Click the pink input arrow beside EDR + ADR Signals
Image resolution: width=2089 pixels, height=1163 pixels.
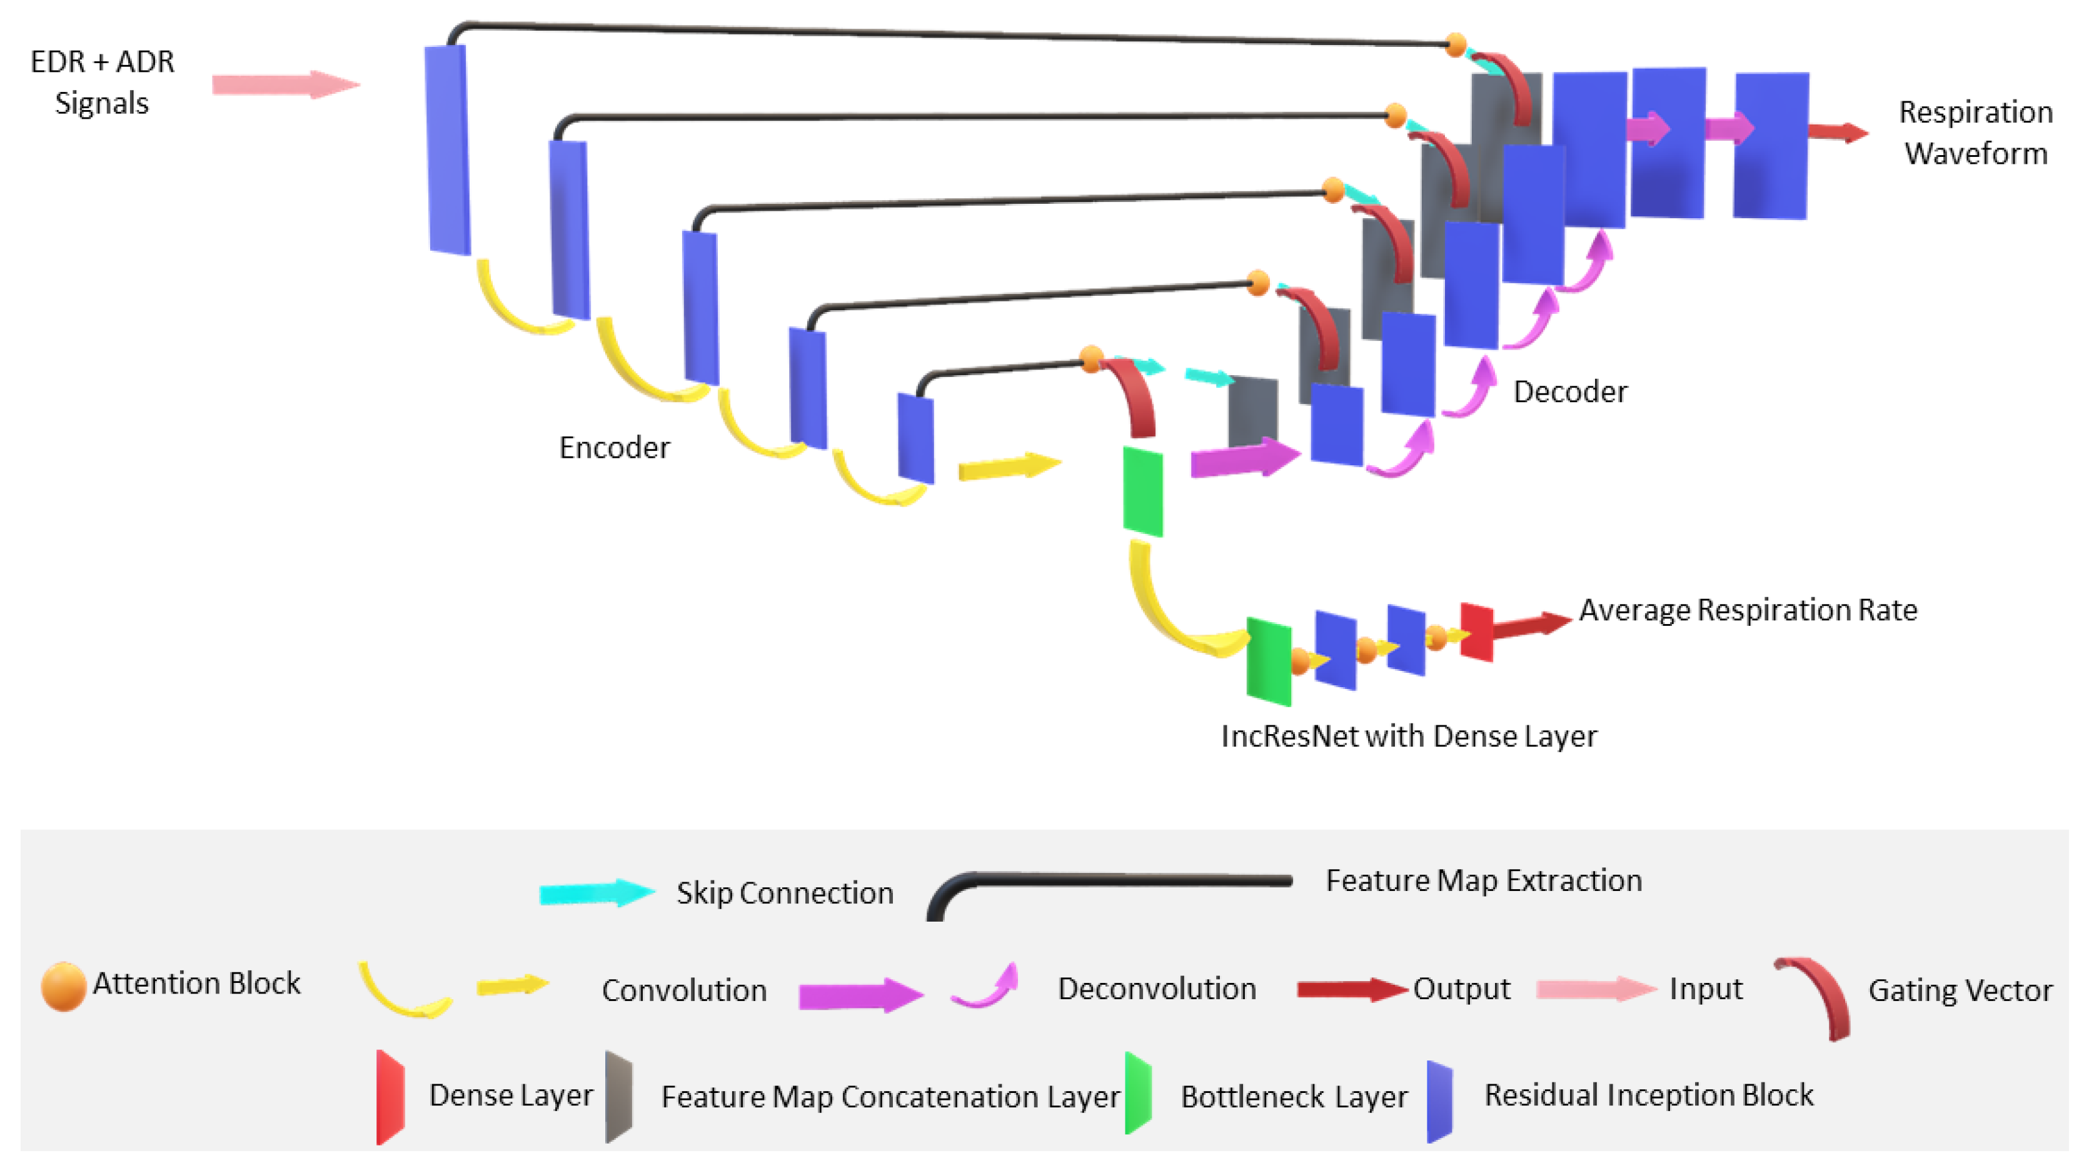286,84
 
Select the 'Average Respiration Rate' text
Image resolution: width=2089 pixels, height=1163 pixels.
1748,609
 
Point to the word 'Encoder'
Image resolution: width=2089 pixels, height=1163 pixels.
615,447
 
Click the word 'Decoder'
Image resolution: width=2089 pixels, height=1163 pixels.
1570,391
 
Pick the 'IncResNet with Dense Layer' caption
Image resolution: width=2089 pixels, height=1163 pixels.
1409,735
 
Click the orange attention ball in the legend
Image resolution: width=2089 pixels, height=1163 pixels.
63,986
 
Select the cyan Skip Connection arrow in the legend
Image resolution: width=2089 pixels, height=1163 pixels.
597,893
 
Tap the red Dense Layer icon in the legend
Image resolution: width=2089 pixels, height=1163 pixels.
390,1097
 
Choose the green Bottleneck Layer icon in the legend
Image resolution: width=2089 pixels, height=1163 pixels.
1139,1092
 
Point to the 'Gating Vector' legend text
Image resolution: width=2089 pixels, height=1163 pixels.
1960,990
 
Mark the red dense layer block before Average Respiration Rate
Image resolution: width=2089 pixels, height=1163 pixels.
1477,632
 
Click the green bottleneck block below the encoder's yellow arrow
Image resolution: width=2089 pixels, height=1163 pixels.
1142,491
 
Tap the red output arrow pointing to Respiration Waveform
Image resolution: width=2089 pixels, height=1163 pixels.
1838,132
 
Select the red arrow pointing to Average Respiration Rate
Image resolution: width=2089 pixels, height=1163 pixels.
1532,625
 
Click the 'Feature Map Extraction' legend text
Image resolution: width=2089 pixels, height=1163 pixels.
1484,880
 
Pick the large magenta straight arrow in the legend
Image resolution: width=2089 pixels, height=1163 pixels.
860,995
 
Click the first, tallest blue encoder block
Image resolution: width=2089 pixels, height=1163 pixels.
448,150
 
